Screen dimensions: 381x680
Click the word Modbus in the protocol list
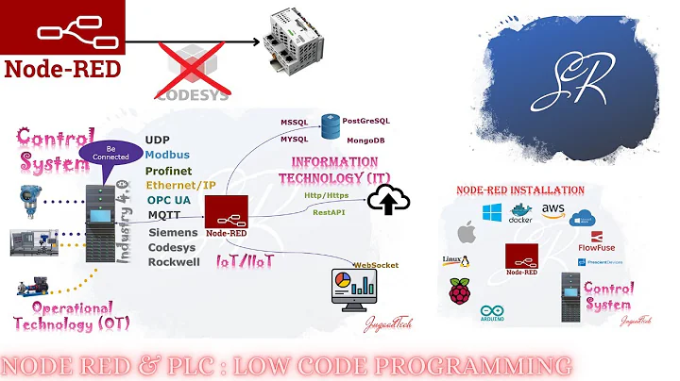(168, 155)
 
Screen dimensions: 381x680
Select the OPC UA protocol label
(168, 200)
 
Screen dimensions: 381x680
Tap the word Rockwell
(174, 261)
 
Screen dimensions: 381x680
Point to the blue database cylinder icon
(329, 125)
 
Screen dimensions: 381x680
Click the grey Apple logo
(465, 231)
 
